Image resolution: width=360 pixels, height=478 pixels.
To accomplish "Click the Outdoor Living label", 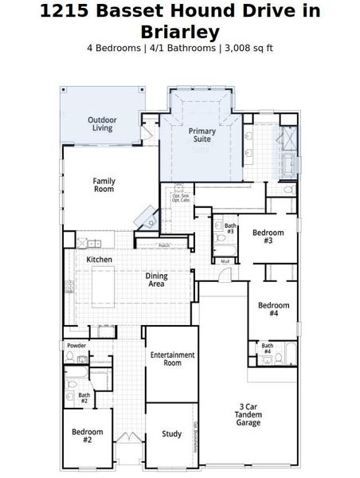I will pos(102,123).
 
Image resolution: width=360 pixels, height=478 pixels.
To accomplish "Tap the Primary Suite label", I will pos(202,135).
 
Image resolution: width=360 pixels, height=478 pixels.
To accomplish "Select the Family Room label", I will pos(104,185).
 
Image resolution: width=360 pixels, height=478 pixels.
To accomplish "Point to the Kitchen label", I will pos(99,260).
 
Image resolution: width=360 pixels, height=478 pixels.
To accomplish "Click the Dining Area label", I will pos(156,280).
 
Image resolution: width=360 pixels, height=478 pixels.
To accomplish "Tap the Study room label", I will pos(171,434).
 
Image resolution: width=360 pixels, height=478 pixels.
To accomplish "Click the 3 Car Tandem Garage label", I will pos(248,414).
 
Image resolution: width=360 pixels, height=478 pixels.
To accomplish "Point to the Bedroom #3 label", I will pos(263,237).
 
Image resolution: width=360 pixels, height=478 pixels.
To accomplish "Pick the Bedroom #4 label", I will pos(273,309).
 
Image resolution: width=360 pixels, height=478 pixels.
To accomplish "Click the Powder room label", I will pos(76,345).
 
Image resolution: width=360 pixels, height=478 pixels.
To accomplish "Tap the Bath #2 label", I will pos(84,398).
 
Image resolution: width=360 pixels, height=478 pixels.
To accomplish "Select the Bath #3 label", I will pos(229,229).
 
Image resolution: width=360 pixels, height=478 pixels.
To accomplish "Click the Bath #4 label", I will pos(267,348).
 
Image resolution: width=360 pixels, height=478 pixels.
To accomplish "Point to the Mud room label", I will pos(225,261).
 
